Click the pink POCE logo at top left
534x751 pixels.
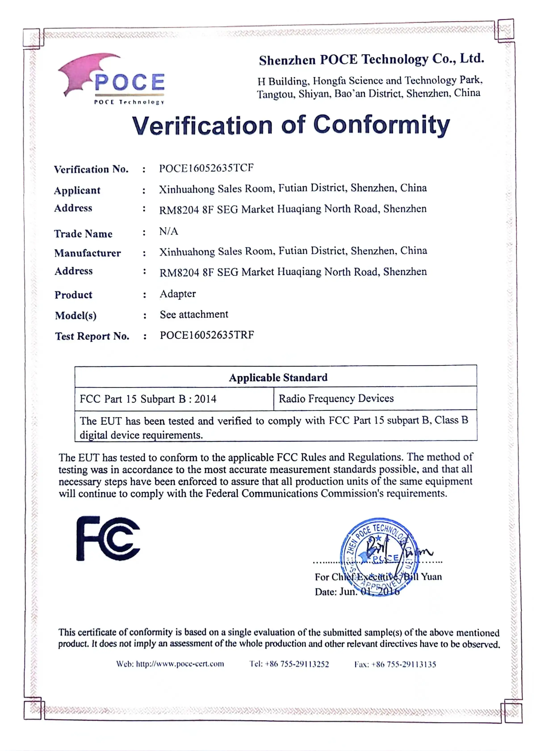[111, 79]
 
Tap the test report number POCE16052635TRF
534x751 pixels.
[207, 335]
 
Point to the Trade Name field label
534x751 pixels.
[83, 234]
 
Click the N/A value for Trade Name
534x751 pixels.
[169, 231]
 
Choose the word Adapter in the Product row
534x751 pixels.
[178, 294]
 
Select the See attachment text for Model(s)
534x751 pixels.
[194, 315]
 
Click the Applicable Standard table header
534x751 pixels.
[278, 377]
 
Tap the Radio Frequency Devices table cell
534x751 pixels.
[336, 398]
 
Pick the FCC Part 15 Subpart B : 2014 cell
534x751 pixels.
[148, 399]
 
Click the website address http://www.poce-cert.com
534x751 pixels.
[180, 664]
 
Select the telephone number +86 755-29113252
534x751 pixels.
[297, 664]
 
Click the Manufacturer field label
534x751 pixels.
[88, 253]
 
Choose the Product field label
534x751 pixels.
[73, 295]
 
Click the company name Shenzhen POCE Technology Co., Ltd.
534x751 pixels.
[371, 59]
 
